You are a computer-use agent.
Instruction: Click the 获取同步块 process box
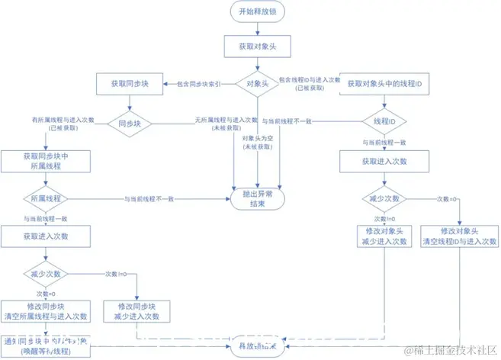125,83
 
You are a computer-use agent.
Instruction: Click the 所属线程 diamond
45,198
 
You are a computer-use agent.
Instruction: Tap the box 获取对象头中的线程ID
384,83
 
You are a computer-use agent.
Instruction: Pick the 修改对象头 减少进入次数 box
384,236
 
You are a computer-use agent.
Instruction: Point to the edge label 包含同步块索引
199,85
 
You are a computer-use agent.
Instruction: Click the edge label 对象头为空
258,143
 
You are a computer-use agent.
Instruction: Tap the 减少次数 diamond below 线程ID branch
384,198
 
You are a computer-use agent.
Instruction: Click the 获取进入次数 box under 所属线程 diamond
45,236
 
